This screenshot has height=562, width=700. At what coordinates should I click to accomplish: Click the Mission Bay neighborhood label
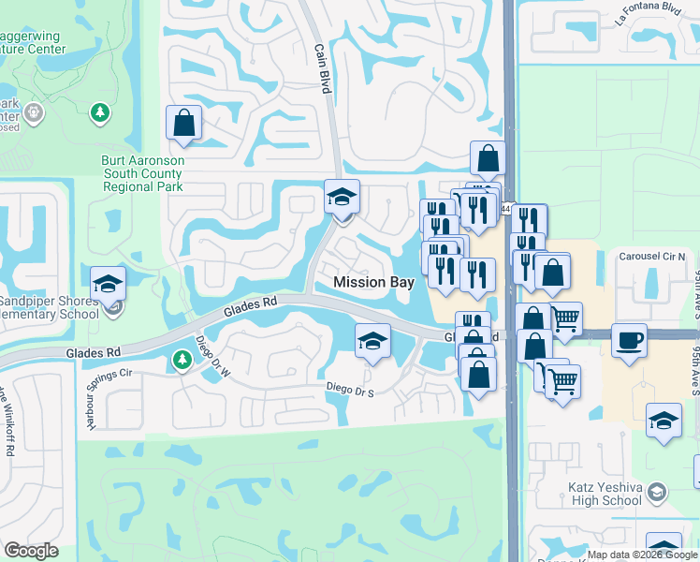[373, 282]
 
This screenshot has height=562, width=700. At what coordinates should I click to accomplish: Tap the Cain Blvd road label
[324, 63]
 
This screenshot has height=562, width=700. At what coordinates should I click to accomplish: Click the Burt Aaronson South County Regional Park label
[142, 173]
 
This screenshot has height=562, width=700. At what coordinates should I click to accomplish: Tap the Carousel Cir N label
[652, 256]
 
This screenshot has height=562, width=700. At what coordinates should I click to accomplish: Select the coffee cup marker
[629, 339]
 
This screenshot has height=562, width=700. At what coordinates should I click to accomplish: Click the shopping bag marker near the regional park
[184, 123]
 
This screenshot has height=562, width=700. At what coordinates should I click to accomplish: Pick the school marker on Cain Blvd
[342, 198]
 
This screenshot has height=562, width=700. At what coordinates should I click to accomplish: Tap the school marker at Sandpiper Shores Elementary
[109, 284]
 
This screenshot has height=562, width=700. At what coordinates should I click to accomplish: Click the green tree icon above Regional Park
[99, 113]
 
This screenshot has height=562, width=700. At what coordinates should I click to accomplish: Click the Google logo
[32, 551]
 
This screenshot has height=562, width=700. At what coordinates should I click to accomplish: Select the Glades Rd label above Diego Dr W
[251, 308]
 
